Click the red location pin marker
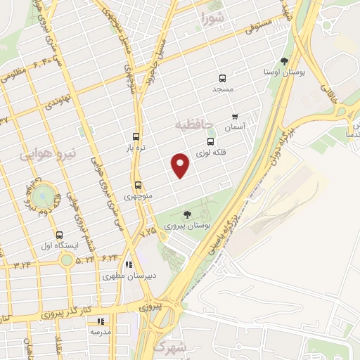pyautogui.click(x=181, y=165)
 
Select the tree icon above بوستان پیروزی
pyautogui.click(x=186, y=214)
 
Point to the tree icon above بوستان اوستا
pyautogui.click(x=284, y=60)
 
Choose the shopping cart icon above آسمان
pyautogui.click(x=234, y=117)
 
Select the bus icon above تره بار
pyautogui.click(x=136, y=136)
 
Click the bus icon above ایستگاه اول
pyautogui.click(x=59, y=235)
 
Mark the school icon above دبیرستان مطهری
pyautogui.click(x=128, y=264)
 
